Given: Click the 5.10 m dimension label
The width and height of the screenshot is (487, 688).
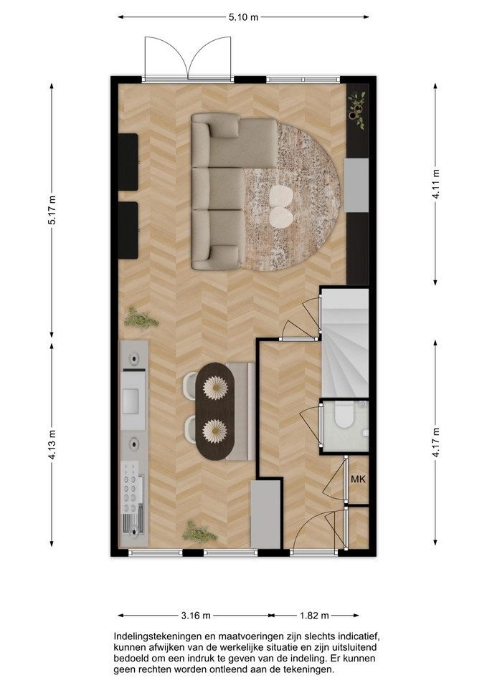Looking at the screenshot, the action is tap(243, 17).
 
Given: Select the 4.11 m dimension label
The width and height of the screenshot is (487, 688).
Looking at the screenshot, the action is tap(436, 184).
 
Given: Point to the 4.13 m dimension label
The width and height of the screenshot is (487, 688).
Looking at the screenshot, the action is tap(52, 444).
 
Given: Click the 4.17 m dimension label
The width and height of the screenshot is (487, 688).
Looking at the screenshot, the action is tap(436, 442).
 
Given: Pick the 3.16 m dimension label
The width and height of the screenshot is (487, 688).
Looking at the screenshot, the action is tap(196, 616).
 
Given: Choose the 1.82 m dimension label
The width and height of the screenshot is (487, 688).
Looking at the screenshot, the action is tap(314, 616).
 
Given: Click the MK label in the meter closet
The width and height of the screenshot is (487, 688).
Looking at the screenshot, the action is tap(358, 479).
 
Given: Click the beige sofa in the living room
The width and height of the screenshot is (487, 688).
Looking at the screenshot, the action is tap(228, 192).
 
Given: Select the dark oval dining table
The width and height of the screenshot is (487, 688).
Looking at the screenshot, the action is tap(214, 411).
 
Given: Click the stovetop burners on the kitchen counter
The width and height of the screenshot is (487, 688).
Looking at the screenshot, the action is tap(130, 487).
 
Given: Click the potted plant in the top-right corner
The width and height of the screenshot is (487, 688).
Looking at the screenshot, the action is tap(357, 109).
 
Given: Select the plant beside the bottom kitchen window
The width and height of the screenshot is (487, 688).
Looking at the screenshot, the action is tap(199, 532).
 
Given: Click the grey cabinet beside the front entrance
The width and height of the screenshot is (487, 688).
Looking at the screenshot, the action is tap(265, 514).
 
